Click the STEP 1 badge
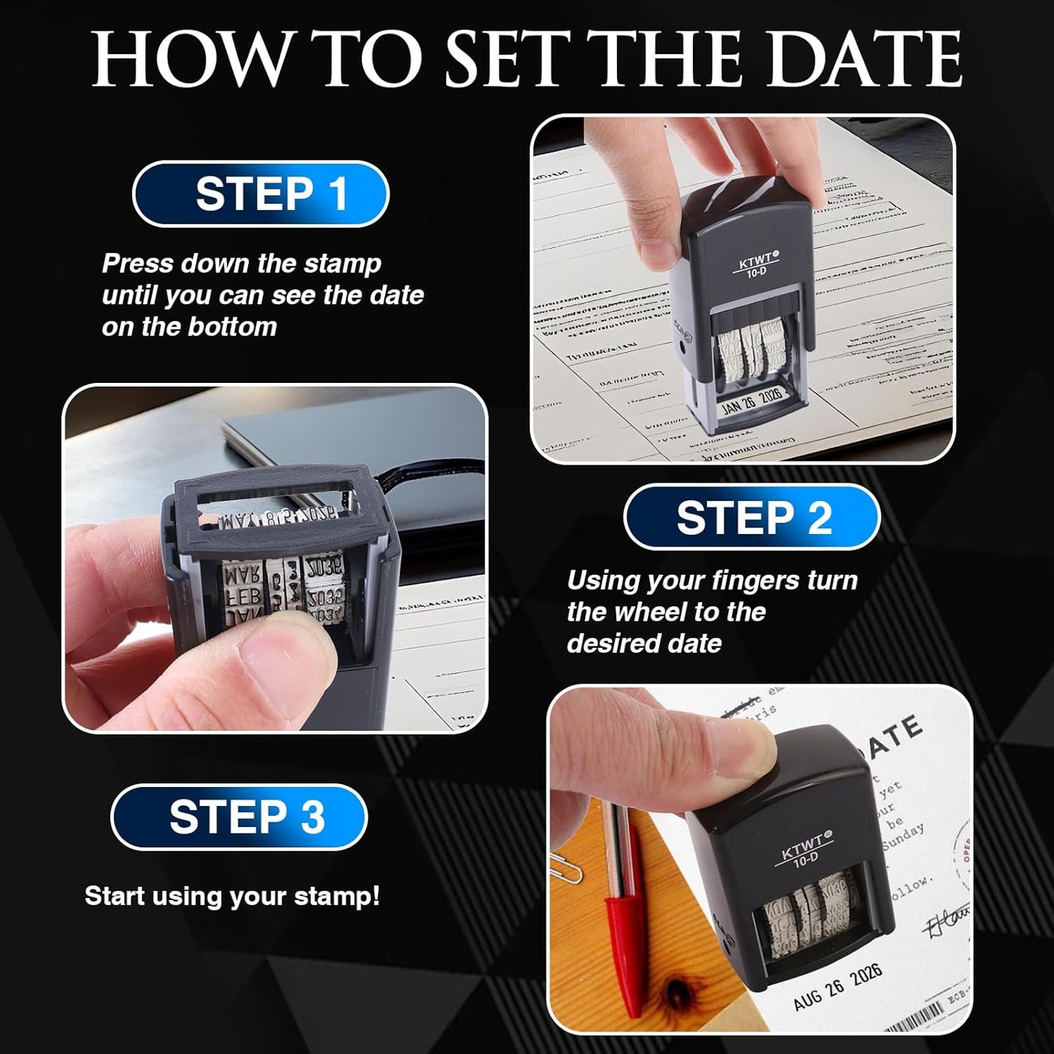coord(260,194)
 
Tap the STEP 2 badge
coord(752,517)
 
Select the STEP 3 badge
coord(239,817)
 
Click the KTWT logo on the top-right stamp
coord(755,258)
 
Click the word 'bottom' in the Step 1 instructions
coord(241,327)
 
